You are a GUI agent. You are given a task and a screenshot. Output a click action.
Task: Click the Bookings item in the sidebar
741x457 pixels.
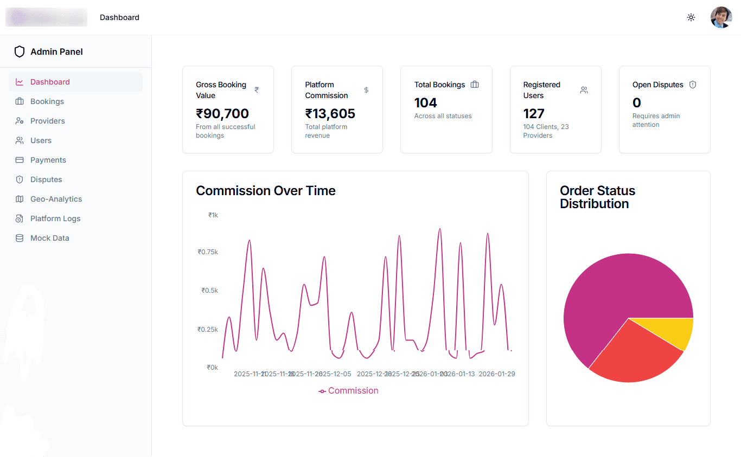point(47,101)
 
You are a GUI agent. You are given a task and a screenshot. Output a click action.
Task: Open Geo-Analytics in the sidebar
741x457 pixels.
point(56,199)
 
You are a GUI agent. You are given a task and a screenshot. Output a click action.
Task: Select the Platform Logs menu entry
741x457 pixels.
point(55,218)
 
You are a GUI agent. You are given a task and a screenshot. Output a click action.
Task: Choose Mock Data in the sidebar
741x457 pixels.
point(49,238)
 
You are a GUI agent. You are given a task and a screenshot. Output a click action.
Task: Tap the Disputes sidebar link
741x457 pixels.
point(46,179)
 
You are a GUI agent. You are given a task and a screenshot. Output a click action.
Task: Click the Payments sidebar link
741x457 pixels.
point(48,160)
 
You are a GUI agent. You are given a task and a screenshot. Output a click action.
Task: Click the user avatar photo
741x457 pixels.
point(721,17)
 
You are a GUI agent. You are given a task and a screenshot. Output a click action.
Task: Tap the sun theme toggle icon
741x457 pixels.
point(691,17)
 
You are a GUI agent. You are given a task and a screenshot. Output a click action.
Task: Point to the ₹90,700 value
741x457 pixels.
point(222,114)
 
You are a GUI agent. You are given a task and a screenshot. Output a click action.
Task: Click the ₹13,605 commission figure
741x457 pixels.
point(330,114)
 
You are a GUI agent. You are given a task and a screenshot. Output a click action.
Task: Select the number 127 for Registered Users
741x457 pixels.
point(534,114)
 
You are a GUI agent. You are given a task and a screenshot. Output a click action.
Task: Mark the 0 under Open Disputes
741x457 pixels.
point(637,103)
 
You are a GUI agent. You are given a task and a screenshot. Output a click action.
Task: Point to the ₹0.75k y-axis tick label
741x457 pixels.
point(208,252)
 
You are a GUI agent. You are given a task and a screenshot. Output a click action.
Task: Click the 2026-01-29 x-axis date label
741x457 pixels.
point(496,374)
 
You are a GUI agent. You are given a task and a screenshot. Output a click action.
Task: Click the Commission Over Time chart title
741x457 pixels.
point(266,191)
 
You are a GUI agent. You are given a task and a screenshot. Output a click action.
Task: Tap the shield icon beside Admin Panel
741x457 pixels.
point(20,52)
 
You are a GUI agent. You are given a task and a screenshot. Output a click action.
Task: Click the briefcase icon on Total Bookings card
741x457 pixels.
point(475,85)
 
